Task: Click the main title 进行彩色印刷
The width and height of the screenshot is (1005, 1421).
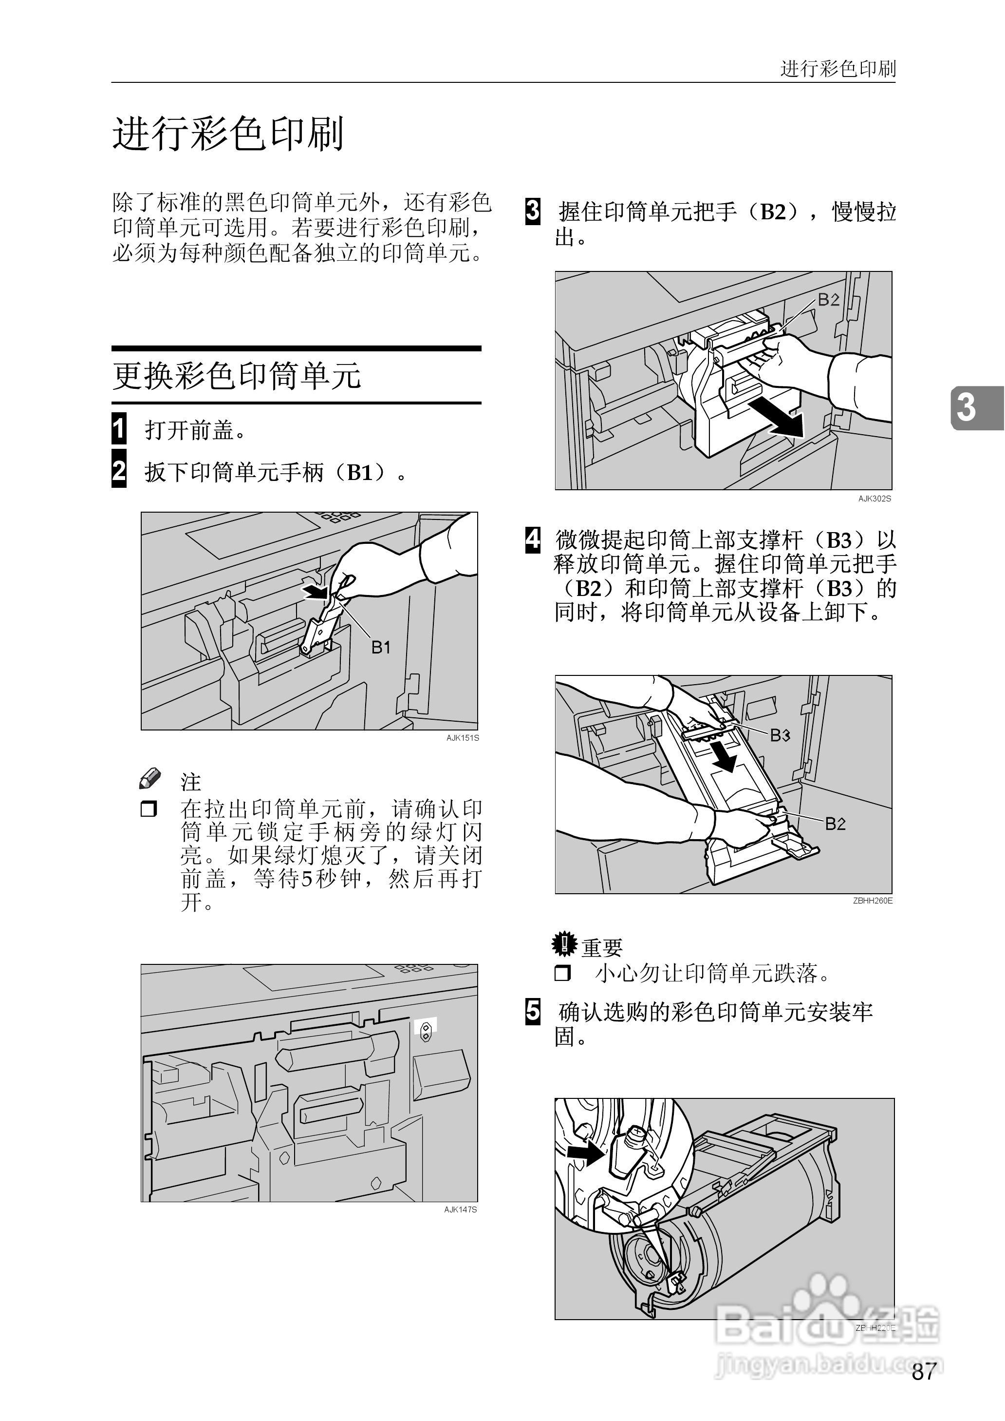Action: (228, 134)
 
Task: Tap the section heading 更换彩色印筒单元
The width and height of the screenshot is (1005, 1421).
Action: (236, 376)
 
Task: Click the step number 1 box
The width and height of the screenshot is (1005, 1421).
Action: (119, 428)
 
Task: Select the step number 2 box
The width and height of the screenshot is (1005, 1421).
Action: (119, 472)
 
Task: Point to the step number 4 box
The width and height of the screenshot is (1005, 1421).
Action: (532, 539)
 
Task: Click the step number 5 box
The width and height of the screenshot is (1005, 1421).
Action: (532, 1011)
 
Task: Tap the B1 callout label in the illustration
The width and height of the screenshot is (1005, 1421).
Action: (381, 648)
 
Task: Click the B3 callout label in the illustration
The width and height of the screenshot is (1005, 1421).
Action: (780, 735)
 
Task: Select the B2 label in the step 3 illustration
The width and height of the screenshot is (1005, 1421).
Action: (829, 300)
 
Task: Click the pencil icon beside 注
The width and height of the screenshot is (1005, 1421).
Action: (150, 779)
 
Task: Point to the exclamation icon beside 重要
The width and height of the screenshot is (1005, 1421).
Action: (564, 943)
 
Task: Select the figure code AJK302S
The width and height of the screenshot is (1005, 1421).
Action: (875, 499)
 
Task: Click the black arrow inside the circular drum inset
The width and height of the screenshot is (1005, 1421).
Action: (585, 1153)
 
